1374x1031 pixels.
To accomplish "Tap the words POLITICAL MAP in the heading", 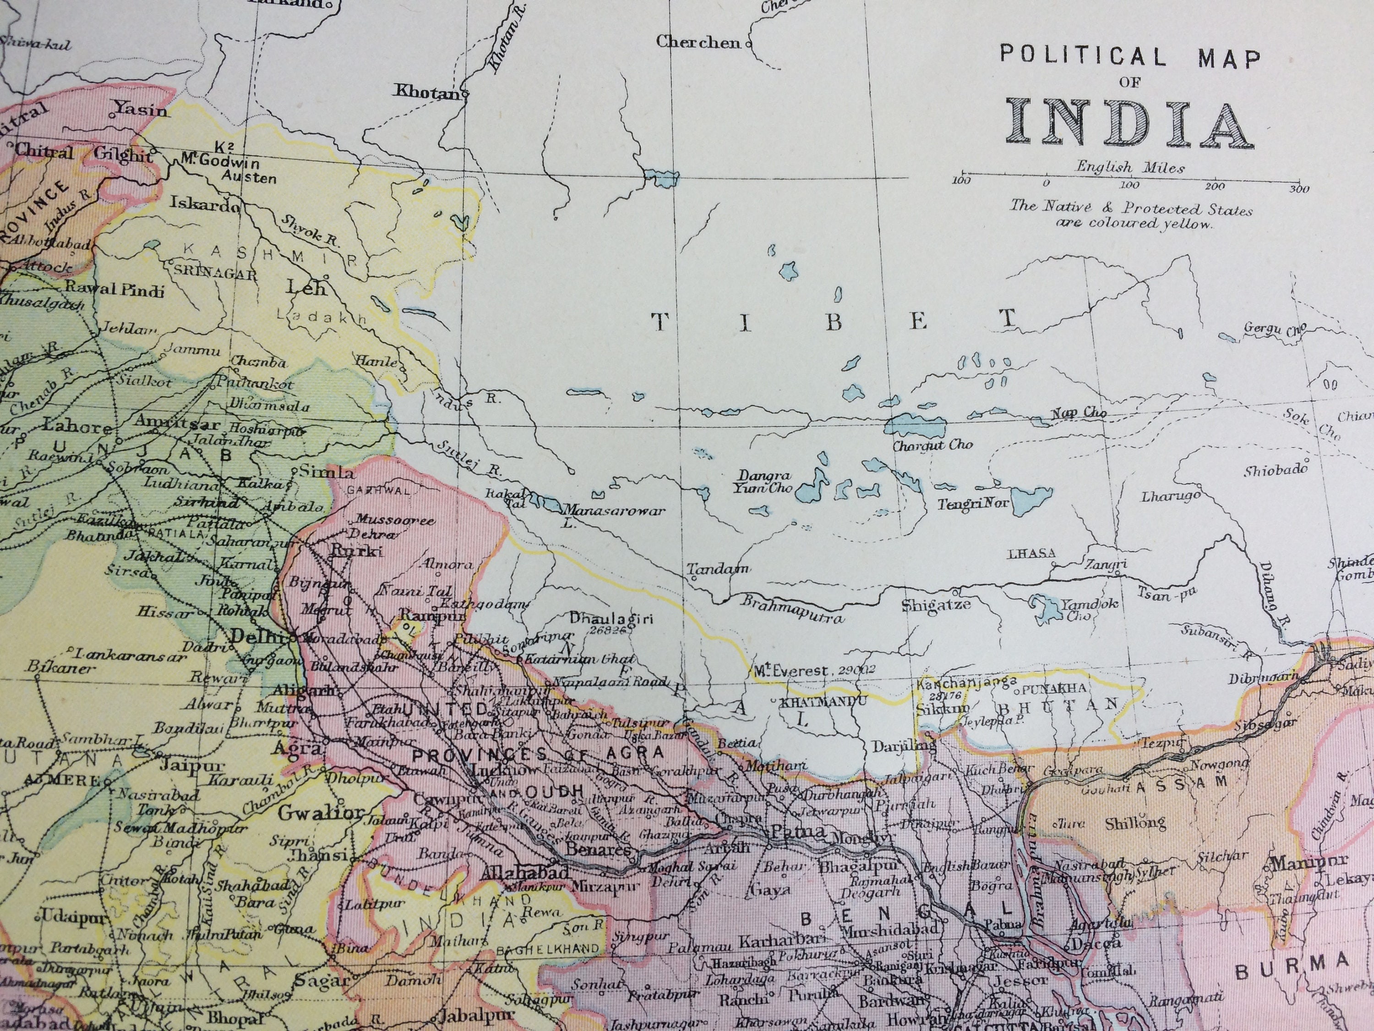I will click(x=1130, y=58).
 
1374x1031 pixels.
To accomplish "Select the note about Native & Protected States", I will click(x=1130, y=216).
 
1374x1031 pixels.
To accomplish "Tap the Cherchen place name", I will click(x=698, y=42).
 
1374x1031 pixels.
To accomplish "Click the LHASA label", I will click(x=1030, y=554).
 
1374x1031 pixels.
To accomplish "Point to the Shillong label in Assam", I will click(x=1135, y=823).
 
